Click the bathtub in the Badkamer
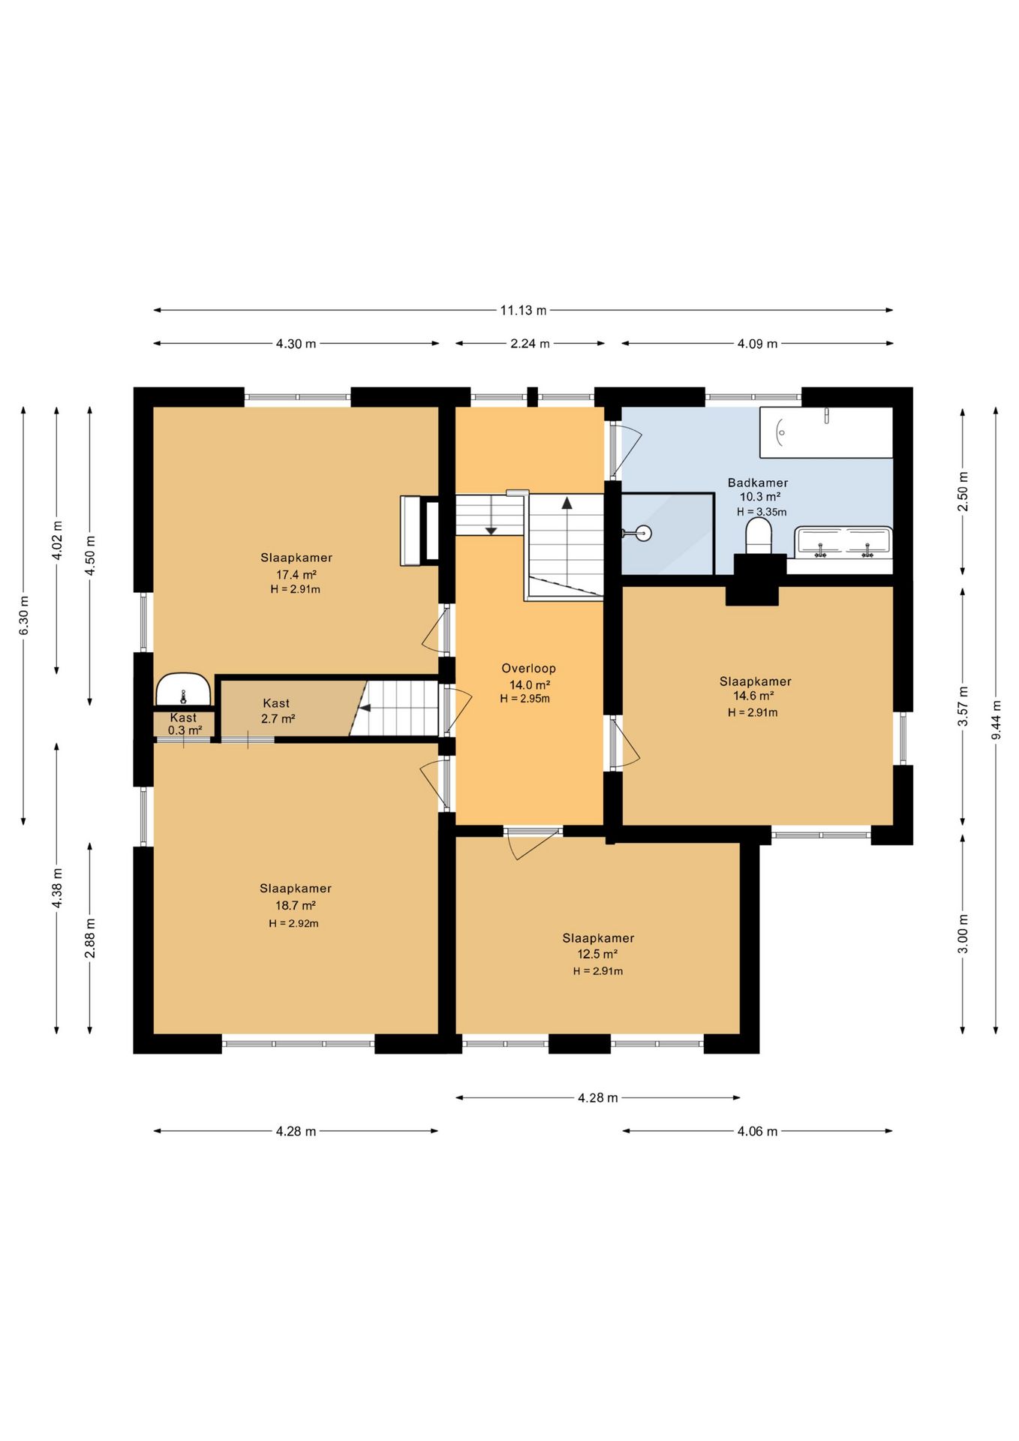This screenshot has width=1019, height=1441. (x=826, y=432)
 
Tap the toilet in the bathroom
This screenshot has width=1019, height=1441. (x=759, y=536)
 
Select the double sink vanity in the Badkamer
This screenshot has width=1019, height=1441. (x=844, y=543)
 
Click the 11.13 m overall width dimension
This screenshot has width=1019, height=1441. (x=523, y=310)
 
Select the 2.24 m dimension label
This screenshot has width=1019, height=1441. (x=530, y=344)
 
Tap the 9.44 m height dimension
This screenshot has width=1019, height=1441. (x=996, y=720)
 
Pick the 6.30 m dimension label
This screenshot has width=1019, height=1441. (x=23, y=615)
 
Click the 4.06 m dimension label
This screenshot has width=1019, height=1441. (x=757, y=1131)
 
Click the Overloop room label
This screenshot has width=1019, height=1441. (x=529, y=668)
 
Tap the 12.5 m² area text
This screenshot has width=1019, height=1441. (x=597, y=954)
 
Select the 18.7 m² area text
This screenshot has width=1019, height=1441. (x=295, y=905)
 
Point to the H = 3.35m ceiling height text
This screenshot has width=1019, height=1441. (x=762, y=512)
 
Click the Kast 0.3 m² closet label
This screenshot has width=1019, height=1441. (x=184, y=724)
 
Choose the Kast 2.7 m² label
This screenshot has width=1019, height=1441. (x=277, y=711)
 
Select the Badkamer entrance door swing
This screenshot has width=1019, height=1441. (x=629, y=449)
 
